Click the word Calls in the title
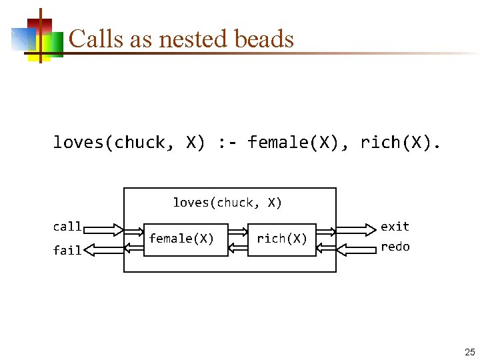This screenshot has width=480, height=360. [91, 39]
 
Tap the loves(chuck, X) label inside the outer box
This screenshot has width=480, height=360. [227, 203]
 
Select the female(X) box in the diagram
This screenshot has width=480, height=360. [181, 239]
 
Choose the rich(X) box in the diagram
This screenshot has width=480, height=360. [282, 239]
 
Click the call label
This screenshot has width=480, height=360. [67, 227]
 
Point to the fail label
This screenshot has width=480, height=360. [67, 251]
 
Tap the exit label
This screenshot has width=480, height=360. [395, 227]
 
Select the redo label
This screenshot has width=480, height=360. [395, 247]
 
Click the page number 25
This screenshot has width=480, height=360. [469, 353]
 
